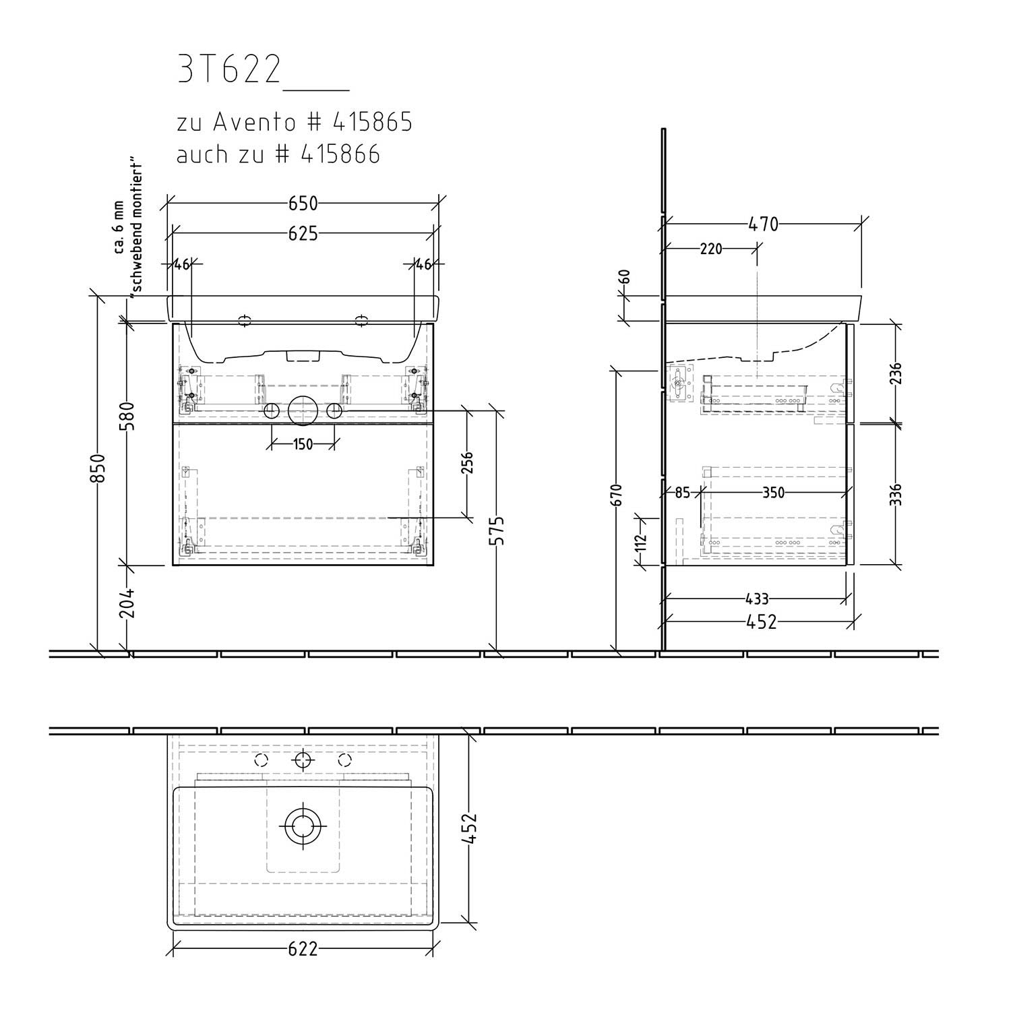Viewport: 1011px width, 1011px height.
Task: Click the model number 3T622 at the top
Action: [229, 70]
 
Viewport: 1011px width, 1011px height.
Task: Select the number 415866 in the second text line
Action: [340, 154]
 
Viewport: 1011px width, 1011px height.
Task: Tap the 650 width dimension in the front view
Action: [303, 203]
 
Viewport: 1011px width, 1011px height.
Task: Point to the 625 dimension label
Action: [303, 234]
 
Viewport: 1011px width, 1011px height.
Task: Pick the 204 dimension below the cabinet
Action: [129, 602]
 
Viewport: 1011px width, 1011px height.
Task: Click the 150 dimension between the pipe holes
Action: [303, 444]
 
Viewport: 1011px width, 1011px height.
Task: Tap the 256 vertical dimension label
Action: [467, 462]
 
